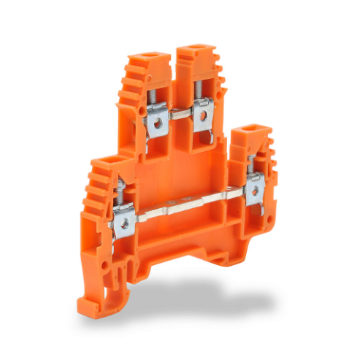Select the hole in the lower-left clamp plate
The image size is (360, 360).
[123, 223]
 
